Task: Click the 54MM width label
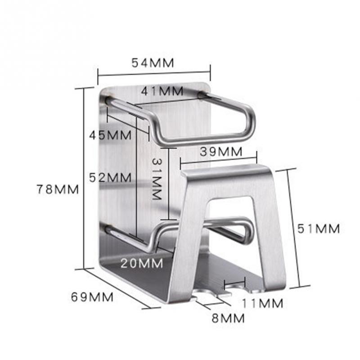click(153, 63)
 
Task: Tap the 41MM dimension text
click(162, 91)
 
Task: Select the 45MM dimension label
click(110, 135)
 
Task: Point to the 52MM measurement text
click(110, 177)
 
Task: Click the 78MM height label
click(58, 189)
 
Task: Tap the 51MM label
click(319, 229)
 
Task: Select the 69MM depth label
click(92, 297)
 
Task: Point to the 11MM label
click(261, 303)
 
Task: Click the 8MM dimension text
click(228, 318)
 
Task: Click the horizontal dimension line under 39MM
click(218, 159)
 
